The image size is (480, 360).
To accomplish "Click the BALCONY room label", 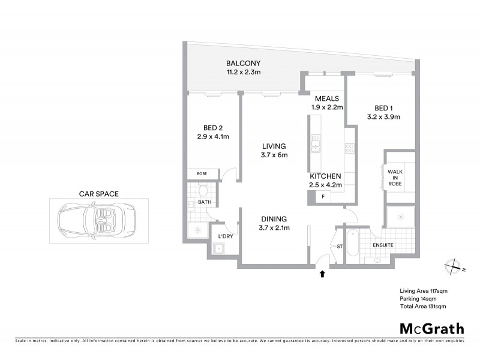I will point(243,63).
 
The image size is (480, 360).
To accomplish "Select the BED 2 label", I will point(214,127).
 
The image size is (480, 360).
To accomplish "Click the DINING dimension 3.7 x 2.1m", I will point(274,228).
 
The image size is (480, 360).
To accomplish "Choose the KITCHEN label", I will point(326,176).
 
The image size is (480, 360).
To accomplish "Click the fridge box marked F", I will point(323,197).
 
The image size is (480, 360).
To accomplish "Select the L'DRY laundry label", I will point(226,237).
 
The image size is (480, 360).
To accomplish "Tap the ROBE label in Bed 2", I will point(202,174).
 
